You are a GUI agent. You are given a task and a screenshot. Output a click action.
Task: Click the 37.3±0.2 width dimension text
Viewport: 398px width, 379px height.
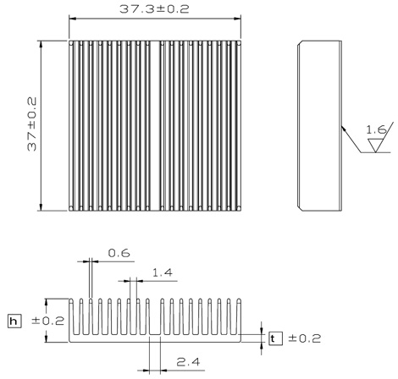coord(154,9)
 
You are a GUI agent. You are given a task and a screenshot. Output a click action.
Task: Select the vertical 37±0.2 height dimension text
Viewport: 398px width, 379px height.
coord(32,124)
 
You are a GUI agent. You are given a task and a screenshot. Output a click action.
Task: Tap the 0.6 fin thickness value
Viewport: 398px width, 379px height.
coord(119,253)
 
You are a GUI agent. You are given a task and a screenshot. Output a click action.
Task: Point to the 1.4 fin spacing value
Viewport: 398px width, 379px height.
coord(162,272)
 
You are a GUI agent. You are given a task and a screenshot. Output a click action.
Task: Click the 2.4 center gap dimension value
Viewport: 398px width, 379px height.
coord(188,362)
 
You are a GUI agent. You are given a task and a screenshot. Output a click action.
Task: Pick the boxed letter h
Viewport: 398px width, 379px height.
coord(14,321)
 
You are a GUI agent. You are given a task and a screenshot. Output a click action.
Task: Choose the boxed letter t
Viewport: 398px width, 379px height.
coord(275,338)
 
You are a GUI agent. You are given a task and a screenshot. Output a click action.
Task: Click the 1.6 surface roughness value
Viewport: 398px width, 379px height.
coord(376,129)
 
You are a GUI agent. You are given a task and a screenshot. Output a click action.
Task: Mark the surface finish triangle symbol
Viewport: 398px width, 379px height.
coord(376,146)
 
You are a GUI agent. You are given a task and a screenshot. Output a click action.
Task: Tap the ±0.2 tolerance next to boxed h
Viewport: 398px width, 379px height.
coord(48,321)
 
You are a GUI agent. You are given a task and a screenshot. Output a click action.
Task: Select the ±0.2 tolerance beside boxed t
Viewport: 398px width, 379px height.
coord(304,338)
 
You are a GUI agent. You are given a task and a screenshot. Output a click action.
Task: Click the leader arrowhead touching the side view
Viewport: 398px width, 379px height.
coord(344,129)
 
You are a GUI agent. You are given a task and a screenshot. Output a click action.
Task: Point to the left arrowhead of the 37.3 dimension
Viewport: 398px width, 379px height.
coord(73,19)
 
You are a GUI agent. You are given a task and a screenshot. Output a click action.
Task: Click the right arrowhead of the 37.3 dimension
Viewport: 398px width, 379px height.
coord(237,19)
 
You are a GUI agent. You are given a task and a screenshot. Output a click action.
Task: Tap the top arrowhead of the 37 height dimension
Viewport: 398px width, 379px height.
coord(41,44)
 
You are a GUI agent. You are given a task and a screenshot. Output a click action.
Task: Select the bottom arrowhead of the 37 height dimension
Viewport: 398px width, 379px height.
coord(41,207)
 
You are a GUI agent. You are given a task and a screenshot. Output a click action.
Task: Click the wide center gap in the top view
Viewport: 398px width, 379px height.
coord(155,126)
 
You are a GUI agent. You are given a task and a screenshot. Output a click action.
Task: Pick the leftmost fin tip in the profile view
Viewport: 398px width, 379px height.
coord(71,300)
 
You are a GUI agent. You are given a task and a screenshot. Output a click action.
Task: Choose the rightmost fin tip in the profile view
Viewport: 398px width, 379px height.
coord(239,300)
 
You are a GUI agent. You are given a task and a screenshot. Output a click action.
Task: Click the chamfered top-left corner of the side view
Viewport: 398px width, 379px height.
coord(300,43)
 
